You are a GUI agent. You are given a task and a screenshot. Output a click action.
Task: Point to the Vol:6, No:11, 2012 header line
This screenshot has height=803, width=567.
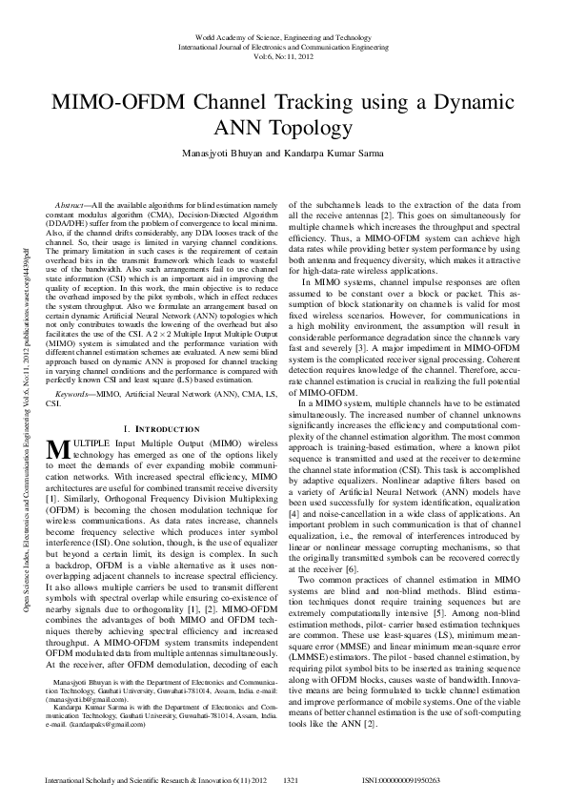(283, 56)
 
